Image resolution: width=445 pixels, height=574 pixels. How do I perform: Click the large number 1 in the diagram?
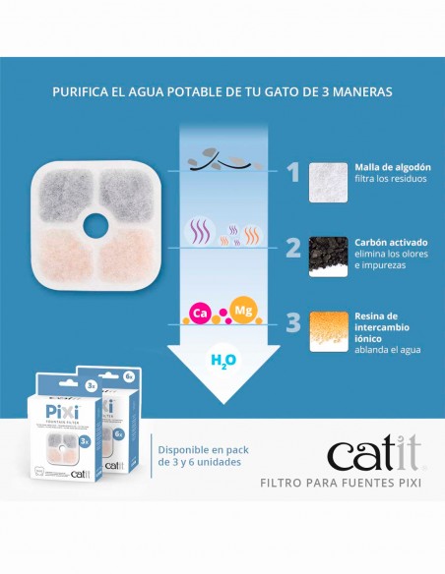(291, 173)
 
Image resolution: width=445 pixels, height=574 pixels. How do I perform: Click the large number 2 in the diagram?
(291, 247)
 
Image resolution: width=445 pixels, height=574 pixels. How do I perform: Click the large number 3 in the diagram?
(291, 321)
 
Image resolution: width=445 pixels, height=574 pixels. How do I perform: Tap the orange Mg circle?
(242, 310)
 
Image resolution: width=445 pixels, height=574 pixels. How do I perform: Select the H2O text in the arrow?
(223, 361)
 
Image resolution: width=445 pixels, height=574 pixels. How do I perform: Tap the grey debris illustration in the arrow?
(217, 160)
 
